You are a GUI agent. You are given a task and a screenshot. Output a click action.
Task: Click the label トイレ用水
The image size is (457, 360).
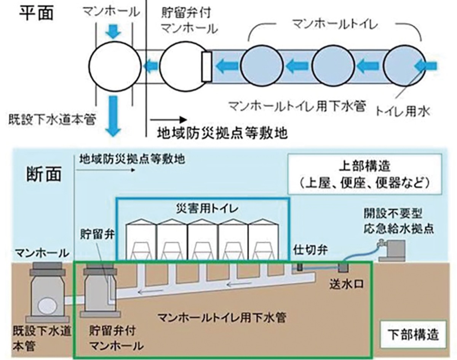tap(403, 111)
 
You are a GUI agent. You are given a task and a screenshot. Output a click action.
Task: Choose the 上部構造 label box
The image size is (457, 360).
tap(364, 174)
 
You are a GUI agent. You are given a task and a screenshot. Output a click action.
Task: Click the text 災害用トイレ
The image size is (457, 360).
tap(202, 209)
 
